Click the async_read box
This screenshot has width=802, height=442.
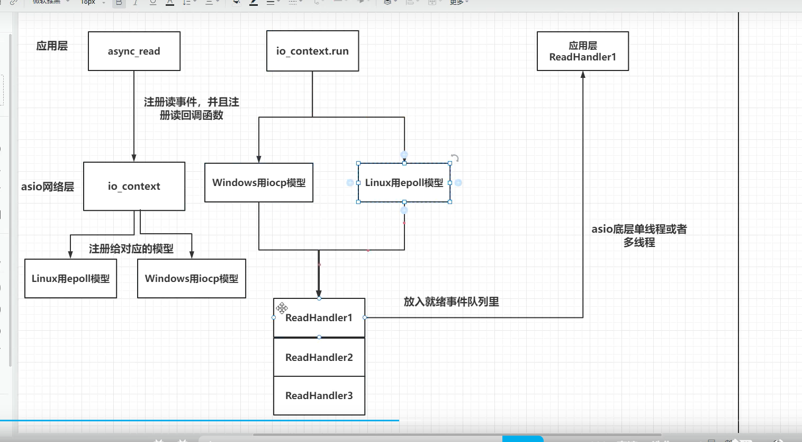point(134,51)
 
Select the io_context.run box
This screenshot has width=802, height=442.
point(312,51)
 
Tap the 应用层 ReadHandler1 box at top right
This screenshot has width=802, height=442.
point(582,51)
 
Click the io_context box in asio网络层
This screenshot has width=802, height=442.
point(134,186)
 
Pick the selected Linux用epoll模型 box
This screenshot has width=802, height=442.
point(404,182)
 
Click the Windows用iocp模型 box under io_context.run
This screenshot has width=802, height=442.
point(259,182)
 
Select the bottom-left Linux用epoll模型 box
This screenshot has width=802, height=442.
point(70,278)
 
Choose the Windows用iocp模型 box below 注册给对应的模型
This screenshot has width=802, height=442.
point(191,278)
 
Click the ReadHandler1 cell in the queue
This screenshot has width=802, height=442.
point(319,317)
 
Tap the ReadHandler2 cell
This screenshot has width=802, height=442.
point(319,357)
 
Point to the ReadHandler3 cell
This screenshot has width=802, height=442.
point(319,395)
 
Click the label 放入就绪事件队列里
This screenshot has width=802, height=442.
point(451,302)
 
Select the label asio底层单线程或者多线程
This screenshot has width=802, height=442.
point(639,235)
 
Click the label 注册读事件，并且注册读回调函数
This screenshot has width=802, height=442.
point(191,108)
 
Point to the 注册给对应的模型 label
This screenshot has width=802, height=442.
point(131,249)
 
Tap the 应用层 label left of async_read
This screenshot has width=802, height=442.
point(52,46)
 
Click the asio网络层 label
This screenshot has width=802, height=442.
point(48,187)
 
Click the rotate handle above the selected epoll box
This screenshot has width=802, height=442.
point(455,158)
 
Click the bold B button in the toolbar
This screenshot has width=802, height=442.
point(119,3)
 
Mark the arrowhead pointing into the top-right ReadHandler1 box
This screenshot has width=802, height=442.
point(583,75)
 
